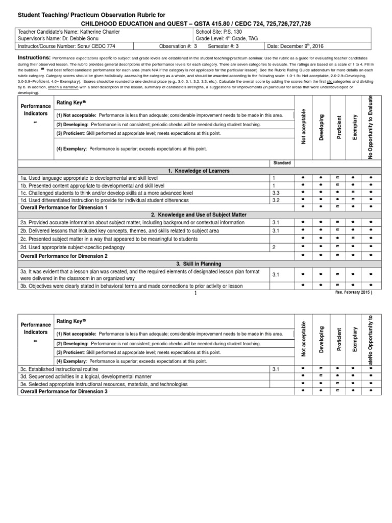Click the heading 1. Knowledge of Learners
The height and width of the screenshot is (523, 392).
(196, 170)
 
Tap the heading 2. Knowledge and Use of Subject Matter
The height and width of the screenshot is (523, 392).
(196, 215)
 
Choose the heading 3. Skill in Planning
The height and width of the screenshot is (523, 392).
(196, 264)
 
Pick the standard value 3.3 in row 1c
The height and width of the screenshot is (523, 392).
(277, 193)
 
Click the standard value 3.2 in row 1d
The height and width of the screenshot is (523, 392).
(277, 201)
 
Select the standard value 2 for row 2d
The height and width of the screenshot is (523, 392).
(274, 247)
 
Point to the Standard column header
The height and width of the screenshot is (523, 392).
(282, 162)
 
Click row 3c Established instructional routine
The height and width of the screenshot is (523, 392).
(59, 369)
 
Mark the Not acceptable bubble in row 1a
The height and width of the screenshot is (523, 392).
(303, 178)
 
